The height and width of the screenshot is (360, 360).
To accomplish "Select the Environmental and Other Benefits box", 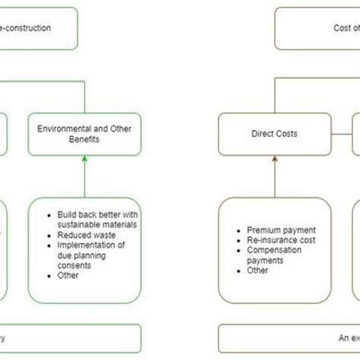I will tap(84, 134).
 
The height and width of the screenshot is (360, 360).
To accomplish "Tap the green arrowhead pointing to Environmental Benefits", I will tap(84, 159).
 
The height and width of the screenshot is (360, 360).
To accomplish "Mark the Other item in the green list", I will tap(68, 275).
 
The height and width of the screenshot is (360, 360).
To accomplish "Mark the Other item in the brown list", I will tap(259, 270).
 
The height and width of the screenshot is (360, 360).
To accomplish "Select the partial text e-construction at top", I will tap(26, 28).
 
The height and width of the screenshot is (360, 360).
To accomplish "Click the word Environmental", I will tap(66, 128).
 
